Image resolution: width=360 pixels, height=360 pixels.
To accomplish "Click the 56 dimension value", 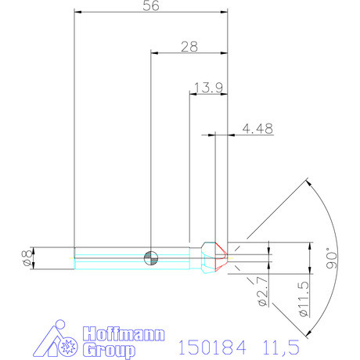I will pos(149,6).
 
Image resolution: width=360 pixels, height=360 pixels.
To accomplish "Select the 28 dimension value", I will pos(189,46).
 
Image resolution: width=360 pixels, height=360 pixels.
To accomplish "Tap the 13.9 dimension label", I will pos(207,88).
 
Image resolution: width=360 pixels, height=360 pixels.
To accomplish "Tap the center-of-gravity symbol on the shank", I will pos(150,257).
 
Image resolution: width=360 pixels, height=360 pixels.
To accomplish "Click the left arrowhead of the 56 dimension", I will pos(77,12).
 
